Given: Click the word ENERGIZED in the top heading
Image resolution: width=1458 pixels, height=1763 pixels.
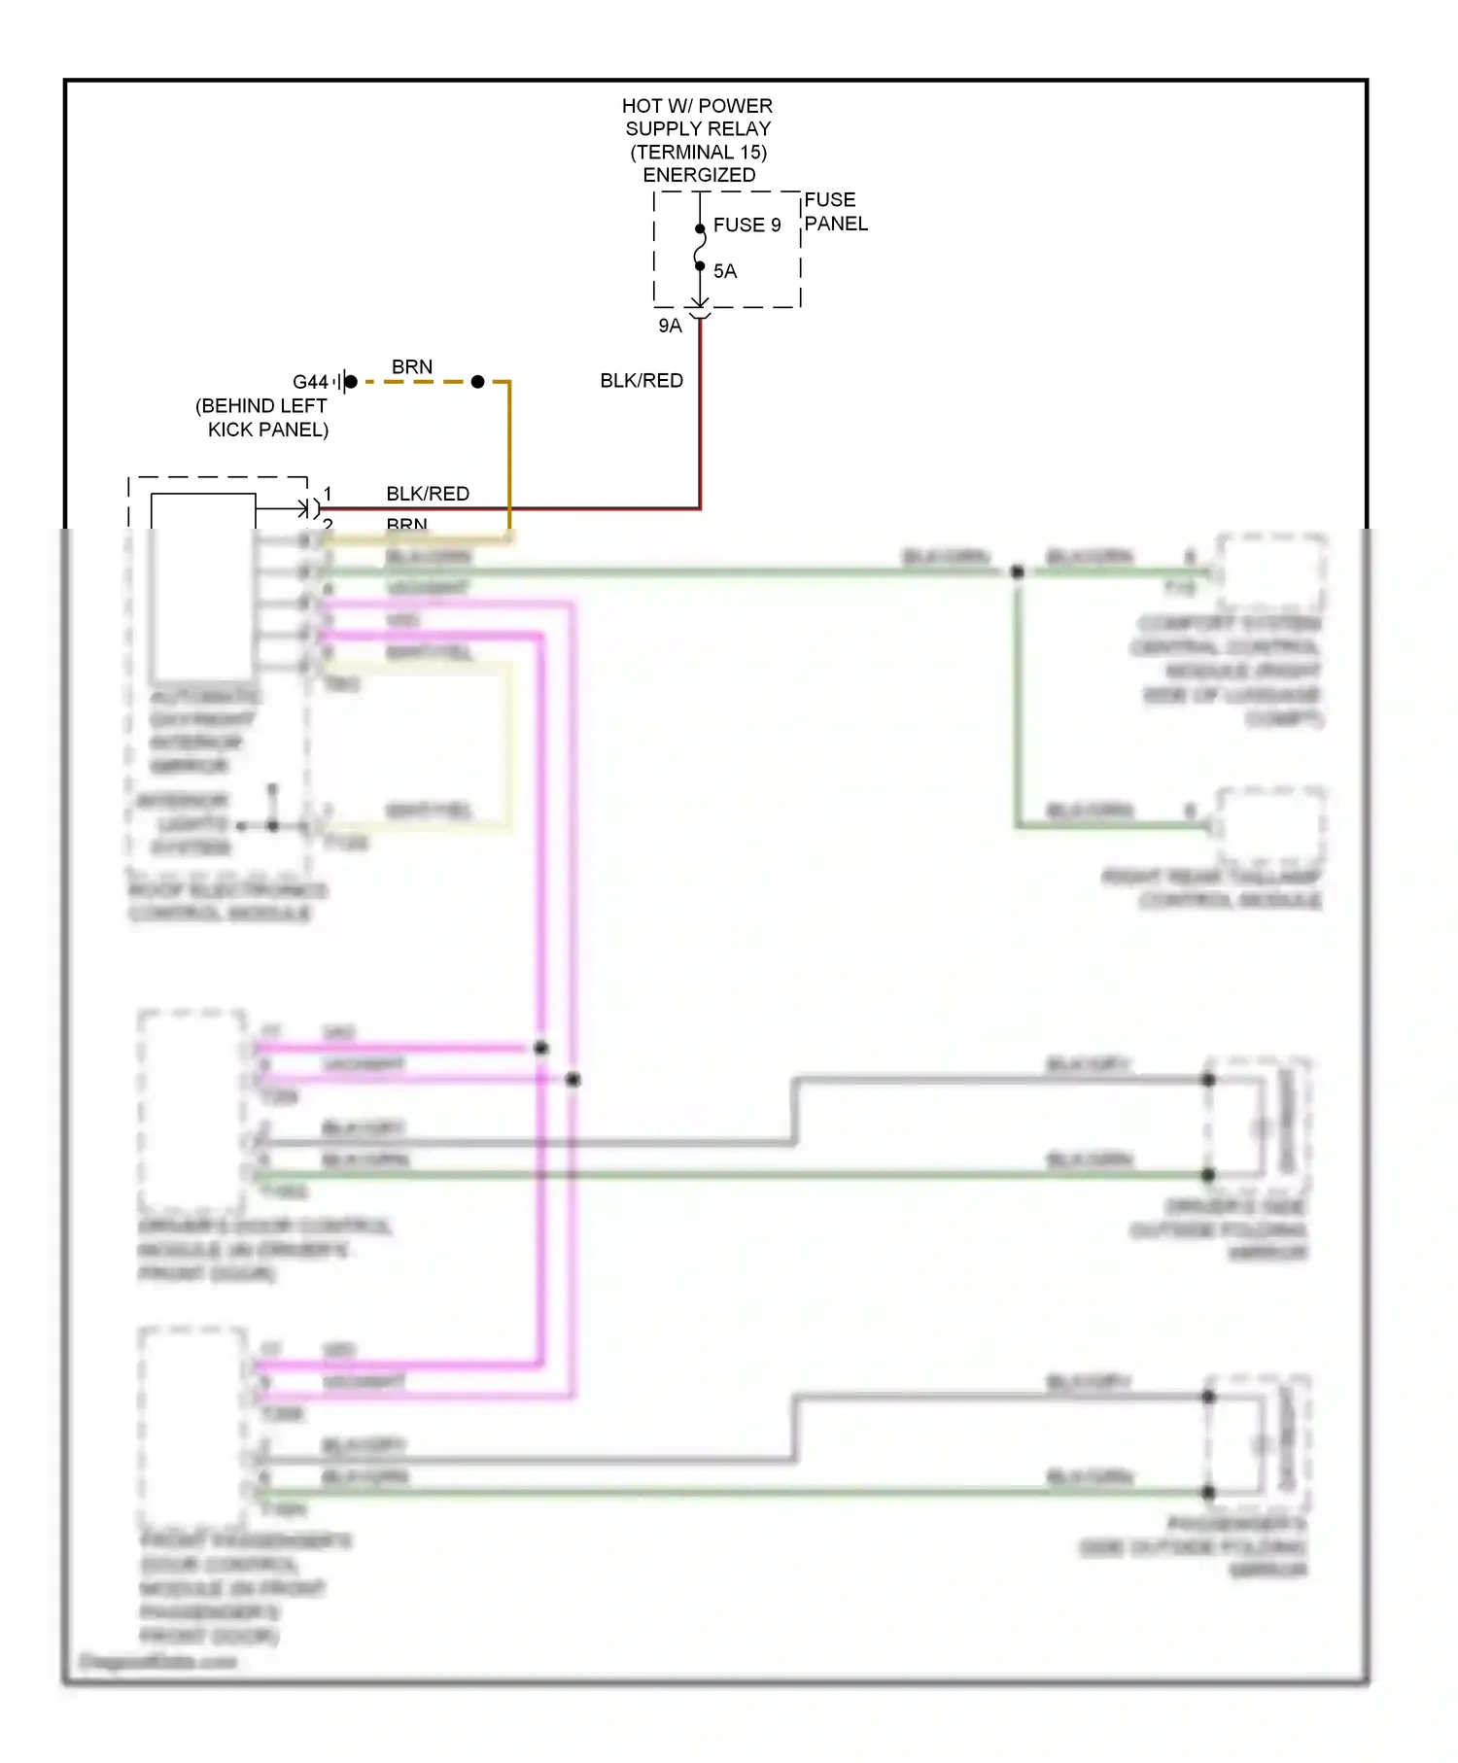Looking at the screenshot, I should [699, 175].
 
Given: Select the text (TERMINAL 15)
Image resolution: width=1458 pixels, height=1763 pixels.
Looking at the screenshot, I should [698, 152].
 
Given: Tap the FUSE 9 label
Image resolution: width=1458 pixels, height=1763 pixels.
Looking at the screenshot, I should [746, 225].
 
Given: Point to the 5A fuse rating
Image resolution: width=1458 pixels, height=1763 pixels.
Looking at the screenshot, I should [725, 271].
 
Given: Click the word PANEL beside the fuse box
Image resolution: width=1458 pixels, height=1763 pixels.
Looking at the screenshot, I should [836, 224].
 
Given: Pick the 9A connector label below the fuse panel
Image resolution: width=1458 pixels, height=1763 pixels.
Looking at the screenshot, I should [670, 326].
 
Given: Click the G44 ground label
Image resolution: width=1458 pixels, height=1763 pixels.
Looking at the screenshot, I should [310, 382].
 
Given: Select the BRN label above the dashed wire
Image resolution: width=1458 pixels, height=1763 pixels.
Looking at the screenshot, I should [412, 366].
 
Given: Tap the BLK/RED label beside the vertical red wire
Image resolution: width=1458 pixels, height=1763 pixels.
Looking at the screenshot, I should [642, 380].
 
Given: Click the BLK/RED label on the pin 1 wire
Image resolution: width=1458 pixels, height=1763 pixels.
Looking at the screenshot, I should [428, 494].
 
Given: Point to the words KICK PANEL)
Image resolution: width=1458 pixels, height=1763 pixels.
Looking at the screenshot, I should [268, 430].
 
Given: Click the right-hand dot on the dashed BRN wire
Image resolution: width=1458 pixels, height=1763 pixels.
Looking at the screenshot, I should [477, 382].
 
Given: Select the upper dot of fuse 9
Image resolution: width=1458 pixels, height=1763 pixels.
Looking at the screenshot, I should [700, 229].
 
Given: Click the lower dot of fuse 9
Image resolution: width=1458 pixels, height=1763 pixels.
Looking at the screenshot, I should [700, 265].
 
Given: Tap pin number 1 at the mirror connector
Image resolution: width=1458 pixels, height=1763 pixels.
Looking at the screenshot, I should [329, 494].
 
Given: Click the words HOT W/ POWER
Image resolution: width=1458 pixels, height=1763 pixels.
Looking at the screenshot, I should [697, 105].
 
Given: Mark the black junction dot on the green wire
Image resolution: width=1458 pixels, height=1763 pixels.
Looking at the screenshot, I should [1018, 571].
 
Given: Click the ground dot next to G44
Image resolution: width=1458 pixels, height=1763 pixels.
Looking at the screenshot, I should [351, 382].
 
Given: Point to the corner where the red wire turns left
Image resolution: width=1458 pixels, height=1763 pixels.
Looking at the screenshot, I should [700, 507].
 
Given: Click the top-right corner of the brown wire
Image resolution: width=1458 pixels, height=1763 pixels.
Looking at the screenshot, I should [509, 382].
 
